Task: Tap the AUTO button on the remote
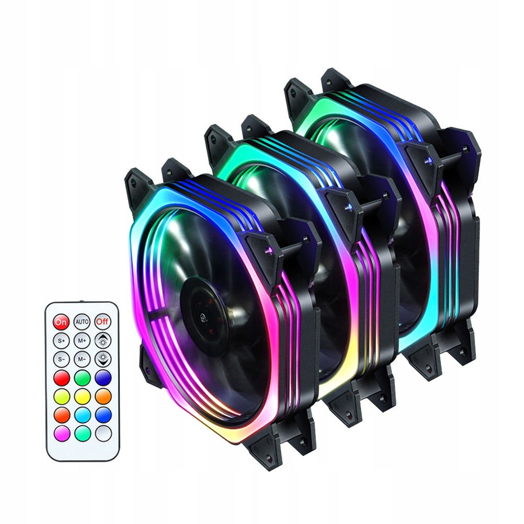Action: (82, 321)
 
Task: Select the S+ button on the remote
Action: (61, 340)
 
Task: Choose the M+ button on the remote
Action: (82, 340)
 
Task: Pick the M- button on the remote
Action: (82, 359)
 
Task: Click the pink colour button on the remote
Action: (62, 432)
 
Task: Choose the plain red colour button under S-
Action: (62, 378)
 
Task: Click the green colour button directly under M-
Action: (82, 378)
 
